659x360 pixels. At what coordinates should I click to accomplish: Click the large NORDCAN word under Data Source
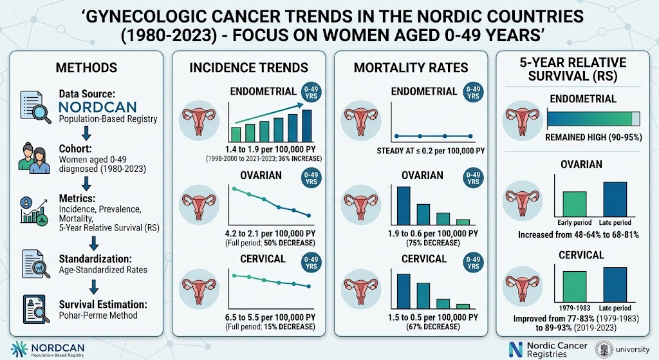tap(98, 107)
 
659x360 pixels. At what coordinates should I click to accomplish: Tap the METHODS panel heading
tap(87, 68)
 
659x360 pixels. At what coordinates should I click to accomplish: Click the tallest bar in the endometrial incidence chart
tap(307, 126)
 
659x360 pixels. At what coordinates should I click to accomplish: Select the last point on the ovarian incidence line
tap(309, 215)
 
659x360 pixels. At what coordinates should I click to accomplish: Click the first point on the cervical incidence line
tap(234, 275)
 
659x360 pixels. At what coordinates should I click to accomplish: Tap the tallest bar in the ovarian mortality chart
tap(404, 206)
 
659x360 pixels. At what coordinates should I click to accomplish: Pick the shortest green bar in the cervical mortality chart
tap(463, 306)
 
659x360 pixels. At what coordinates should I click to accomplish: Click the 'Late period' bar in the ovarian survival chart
tap(615, 200)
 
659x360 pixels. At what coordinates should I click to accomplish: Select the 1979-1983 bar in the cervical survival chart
tap(575, 287)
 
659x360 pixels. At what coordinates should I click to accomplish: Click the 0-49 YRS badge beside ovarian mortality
tap(473, 178)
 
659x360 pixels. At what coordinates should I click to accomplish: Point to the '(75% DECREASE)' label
tap(433, 243)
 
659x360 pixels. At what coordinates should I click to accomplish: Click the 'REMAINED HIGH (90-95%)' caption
tap(593, 138)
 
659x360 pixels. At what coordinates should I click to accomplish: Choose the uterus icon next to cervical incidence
tap(200, 288)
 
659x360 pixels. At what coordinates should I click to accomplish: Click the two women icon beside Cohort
tap(32, 158)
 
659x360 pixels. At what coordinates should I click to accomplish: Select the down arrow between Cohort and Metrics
tap(86, 184)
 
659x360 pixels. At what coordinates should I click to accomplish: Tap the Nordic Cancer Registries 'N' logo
tap(515, 349)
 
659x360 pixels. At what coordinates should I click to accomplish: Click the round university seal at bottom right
tap(604, 349)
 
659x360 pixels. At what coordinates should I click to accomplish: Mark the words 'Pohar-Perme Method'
tap(98, 316)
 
